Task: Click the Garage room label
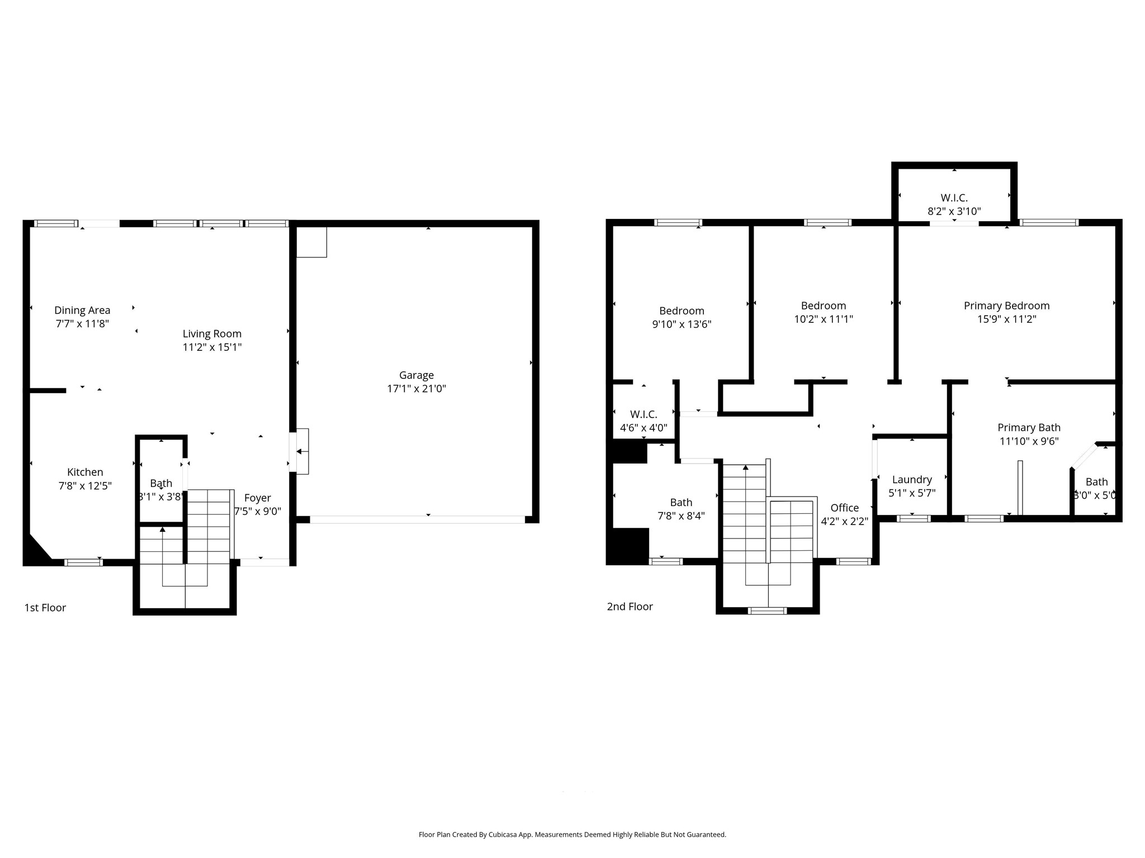(416, 375)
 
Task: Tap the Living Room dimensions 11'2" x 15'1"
(212, 347)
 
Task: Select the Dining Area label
(82, 310)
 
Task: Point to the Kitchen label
(85, 472)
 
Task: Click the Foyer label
(257, 498)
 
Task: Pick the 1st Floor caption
(45, 608)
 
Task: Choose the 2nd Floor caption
(630, 607)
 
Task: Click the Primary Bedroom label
(1006, 306)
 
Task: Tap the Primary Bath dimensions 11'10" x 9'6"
(1029, 441)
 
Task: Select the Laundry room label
(912, 479)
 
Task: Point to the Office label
(844, 508)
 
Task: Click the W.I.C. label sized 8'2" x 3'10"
(954, 198)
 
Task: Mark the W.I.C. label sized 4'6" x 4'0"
(644, 414)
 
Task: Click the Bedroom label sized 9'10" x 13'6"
(682, 311)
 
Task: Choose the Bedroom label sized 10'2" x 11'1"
(823, 306)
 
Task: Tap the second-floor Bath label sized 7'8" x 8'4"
(681, 502)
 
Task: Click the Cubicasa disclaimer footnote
(572, 835)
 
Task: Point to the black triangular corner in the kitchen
(35, 551)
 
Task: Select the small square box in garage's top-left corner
(311, 242)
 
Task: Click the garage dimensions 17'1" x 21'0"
(416, 389)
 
